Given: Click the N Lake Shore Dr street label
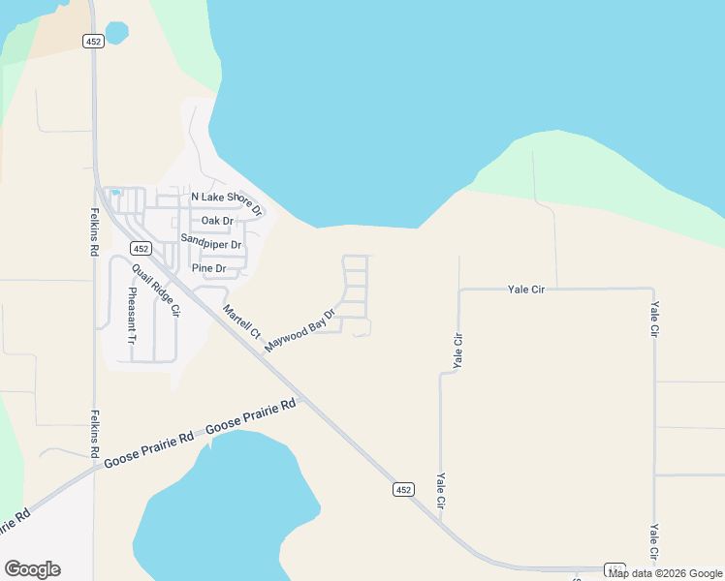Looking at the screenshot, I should coord(227,201).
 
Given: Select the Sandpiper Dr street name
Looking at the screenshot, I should coord(210,243).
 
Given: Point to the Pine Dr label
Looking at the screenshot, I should coord(208,268).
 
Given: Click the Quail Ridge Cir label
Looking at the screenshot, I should coord(156,290).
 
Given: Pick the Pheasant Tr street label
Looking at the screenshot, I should coord(130,316).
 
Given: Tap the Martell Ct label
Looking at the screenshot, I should coord(241,321).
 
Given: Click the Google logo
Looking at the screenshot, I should coord(32,569).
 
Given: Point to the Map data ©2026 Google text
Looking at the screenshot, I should coord(665,573).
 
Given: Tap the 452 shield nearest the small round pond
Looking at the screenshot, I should coord(93,41).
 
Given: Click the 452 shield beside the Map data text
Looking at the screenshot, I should coord(615,569).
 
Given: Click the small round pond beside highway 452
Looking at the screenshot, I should coord(116,33).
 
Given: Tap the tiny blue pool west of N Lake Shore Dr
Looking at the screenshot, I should coord(115,193).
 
